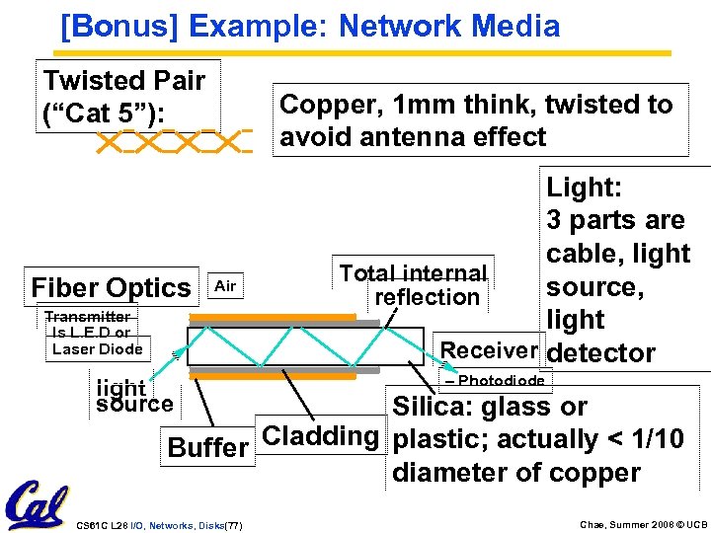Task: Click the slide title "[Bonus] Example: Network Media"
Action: pyautogui.click(x=310, y=26)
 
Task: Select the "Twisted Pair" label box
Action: pyautogui.click(x=124, y=96)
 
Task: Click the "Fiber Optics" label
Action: pyautogui.click(x=111, y=288)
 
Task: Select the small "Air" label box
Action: pyautogui.click(x=225, y=286)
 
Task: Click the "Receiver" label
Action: pyautogui.click(x=489, y=350)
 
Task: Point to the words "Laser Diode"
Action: pyautogui.click(x=97, y=348)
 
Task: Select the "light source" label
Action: pyautogui.click(x=133, y=396)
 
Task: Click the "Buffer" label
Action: pyautogui.click(x=207, y=447)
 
